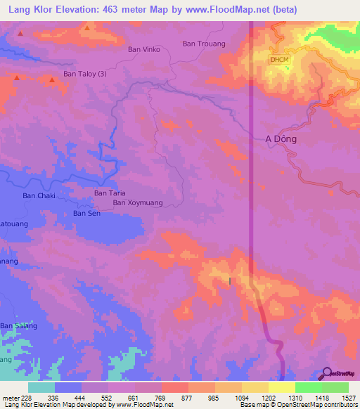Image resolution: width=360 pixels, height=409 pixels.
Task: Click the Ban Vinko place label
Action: coord(144,49)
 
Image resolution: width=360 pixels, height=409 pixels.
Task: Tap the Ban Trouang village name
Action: coord(204,44)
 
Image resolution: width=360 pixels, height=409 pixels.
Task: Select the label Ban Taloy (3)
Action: coord(86,73)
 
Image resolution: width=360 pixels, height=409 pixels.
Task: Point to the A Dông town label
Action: coord(281,139)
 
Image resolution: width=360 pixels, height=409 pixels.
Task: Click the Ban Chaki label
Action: coord(39,195)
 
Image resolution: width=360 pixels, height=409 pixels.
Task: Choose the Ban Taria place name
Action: coord(110,193)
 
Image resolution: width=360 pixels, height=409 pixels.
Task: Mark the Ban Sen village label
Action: coord(87,213)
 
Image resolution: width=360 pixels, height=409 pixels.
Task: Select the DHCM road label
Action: coord(279,59)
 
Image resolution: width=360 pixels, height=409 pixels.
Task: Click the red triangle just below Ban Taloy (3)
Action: coord(52,82)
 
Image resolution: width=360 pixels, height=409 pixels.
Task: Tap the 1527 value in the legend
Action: coord(347,398)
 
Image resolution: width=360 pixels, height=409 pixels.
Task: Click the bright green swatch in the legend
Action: coord(308,387)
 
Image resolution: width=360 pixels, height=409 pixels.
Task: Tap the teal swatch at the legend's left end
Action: coord(41,387)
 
